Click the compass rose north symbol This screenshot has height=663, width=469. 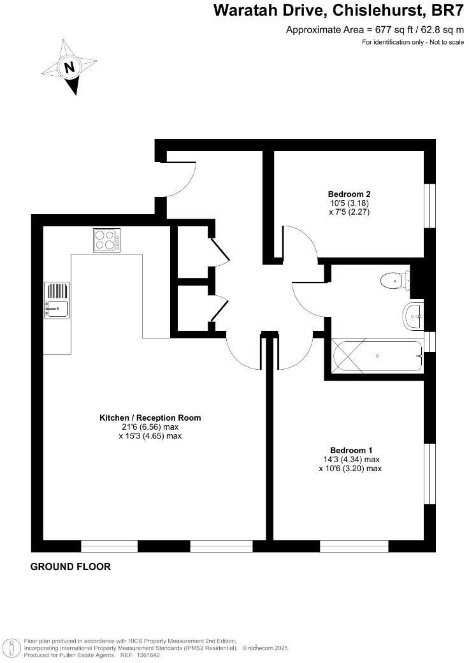69,67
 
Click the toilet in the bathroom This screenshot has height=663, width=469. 394,280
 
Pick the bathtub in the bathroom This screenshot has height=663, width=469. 377,356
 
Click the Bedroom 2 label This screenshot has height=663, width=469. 349,194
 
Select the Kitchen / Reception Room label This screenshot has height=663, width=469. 150,418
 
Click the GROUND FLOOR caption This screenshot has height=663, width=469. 71,566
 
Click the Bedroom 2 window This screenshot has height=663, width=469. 430,206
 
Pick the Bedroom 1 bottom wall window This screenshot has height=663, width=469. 354,546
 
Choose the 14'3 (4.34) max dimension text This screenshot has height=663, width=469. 351,459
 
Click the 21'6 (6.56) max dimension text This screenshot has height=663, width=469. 150,427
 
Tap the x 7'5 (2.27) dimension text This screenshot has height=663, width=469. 349,212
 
